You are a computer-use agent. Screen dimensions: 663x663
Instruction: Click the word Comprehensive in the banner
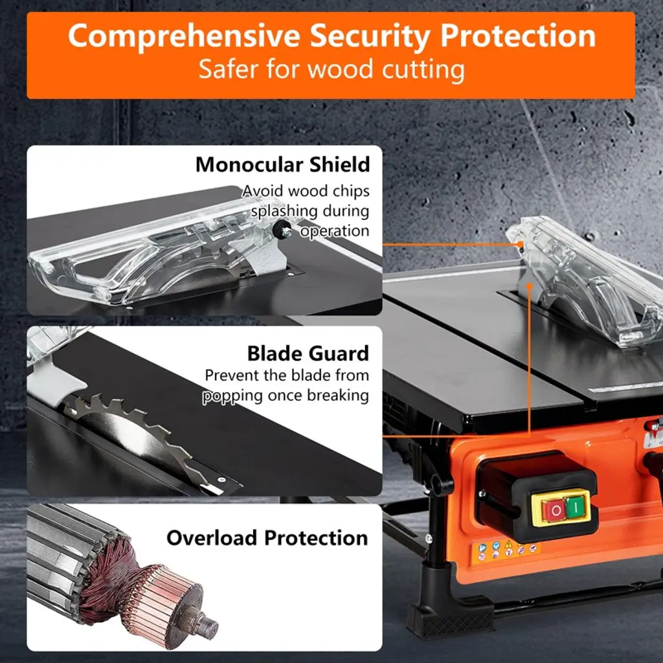pyautogui.click(x=184, y=36)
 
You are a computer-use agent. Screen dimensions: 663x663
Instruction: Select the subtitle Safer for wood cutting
pyautogui.click(x=331, y=69)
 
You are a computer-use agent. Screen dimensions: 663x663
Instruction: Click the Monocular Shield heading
pyautogui.click(x=282, y=164)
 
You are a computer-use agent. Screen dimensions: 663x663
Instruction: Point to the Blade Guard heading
pyautogui.click(x=308, y=354)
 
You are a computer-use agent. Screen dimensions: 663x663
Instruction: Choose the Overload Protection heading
pyautogui.click(x=267, y=538)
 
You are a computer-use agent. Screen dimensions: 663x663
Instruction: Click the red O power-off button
pyautogui.click(x=555, y=510)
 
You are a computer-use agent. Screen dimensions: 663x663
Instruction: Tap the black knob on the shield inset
pyautogui.click(x=281, y=229)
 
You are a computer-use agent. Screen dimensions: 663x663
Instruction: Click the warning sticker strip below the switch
pyautogui.click(x=506, y=550)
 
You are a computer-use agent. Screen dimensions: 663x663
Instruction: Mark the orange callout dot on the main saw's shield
pyautogui.click(x=521, y=244)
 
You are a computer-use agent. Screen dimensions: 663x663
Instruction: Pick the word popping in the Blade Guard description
pyautogui.click(x=232, y=396)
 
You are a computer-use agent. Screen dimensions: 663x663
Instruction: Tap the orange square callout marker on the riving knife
pyautogui.click(x=530, y=286)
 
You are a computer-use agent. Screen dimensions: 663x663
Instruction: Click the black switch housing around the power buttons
pyautogui.click(x=537, y=497)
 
